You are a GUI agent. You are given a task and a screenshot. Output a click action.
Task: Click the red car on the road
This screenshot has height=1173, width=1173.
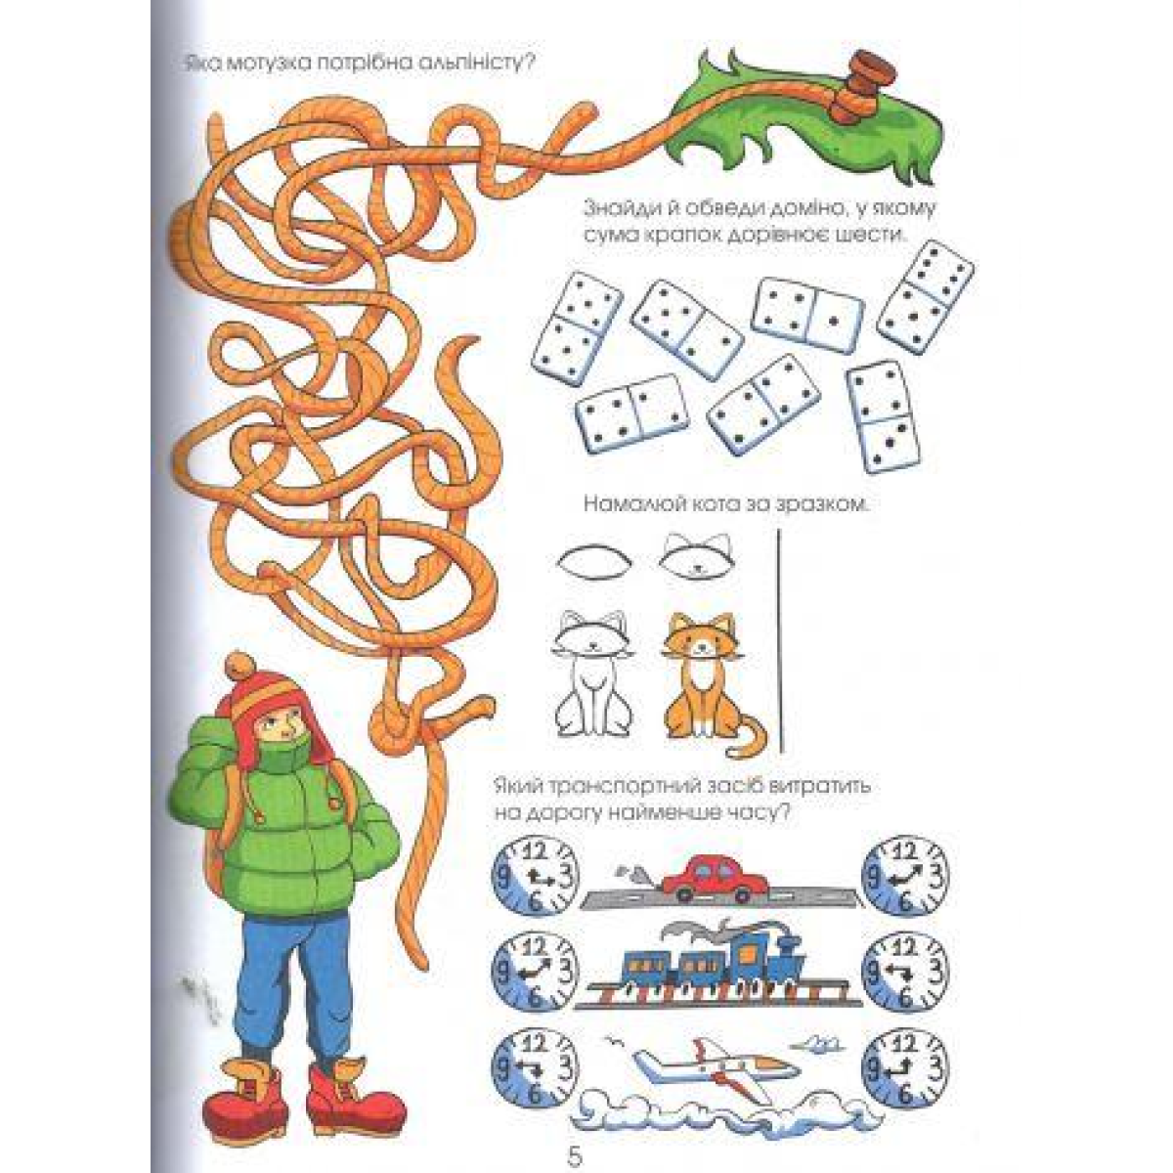point(714,879)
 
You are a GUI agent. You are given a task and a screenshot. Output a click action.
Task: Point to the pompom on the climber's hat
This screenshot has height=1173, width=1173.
point(242,669)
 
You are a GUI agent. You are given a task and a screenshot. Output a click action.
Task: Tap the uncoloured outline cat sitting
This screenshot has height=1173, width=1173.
point(593,674)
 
